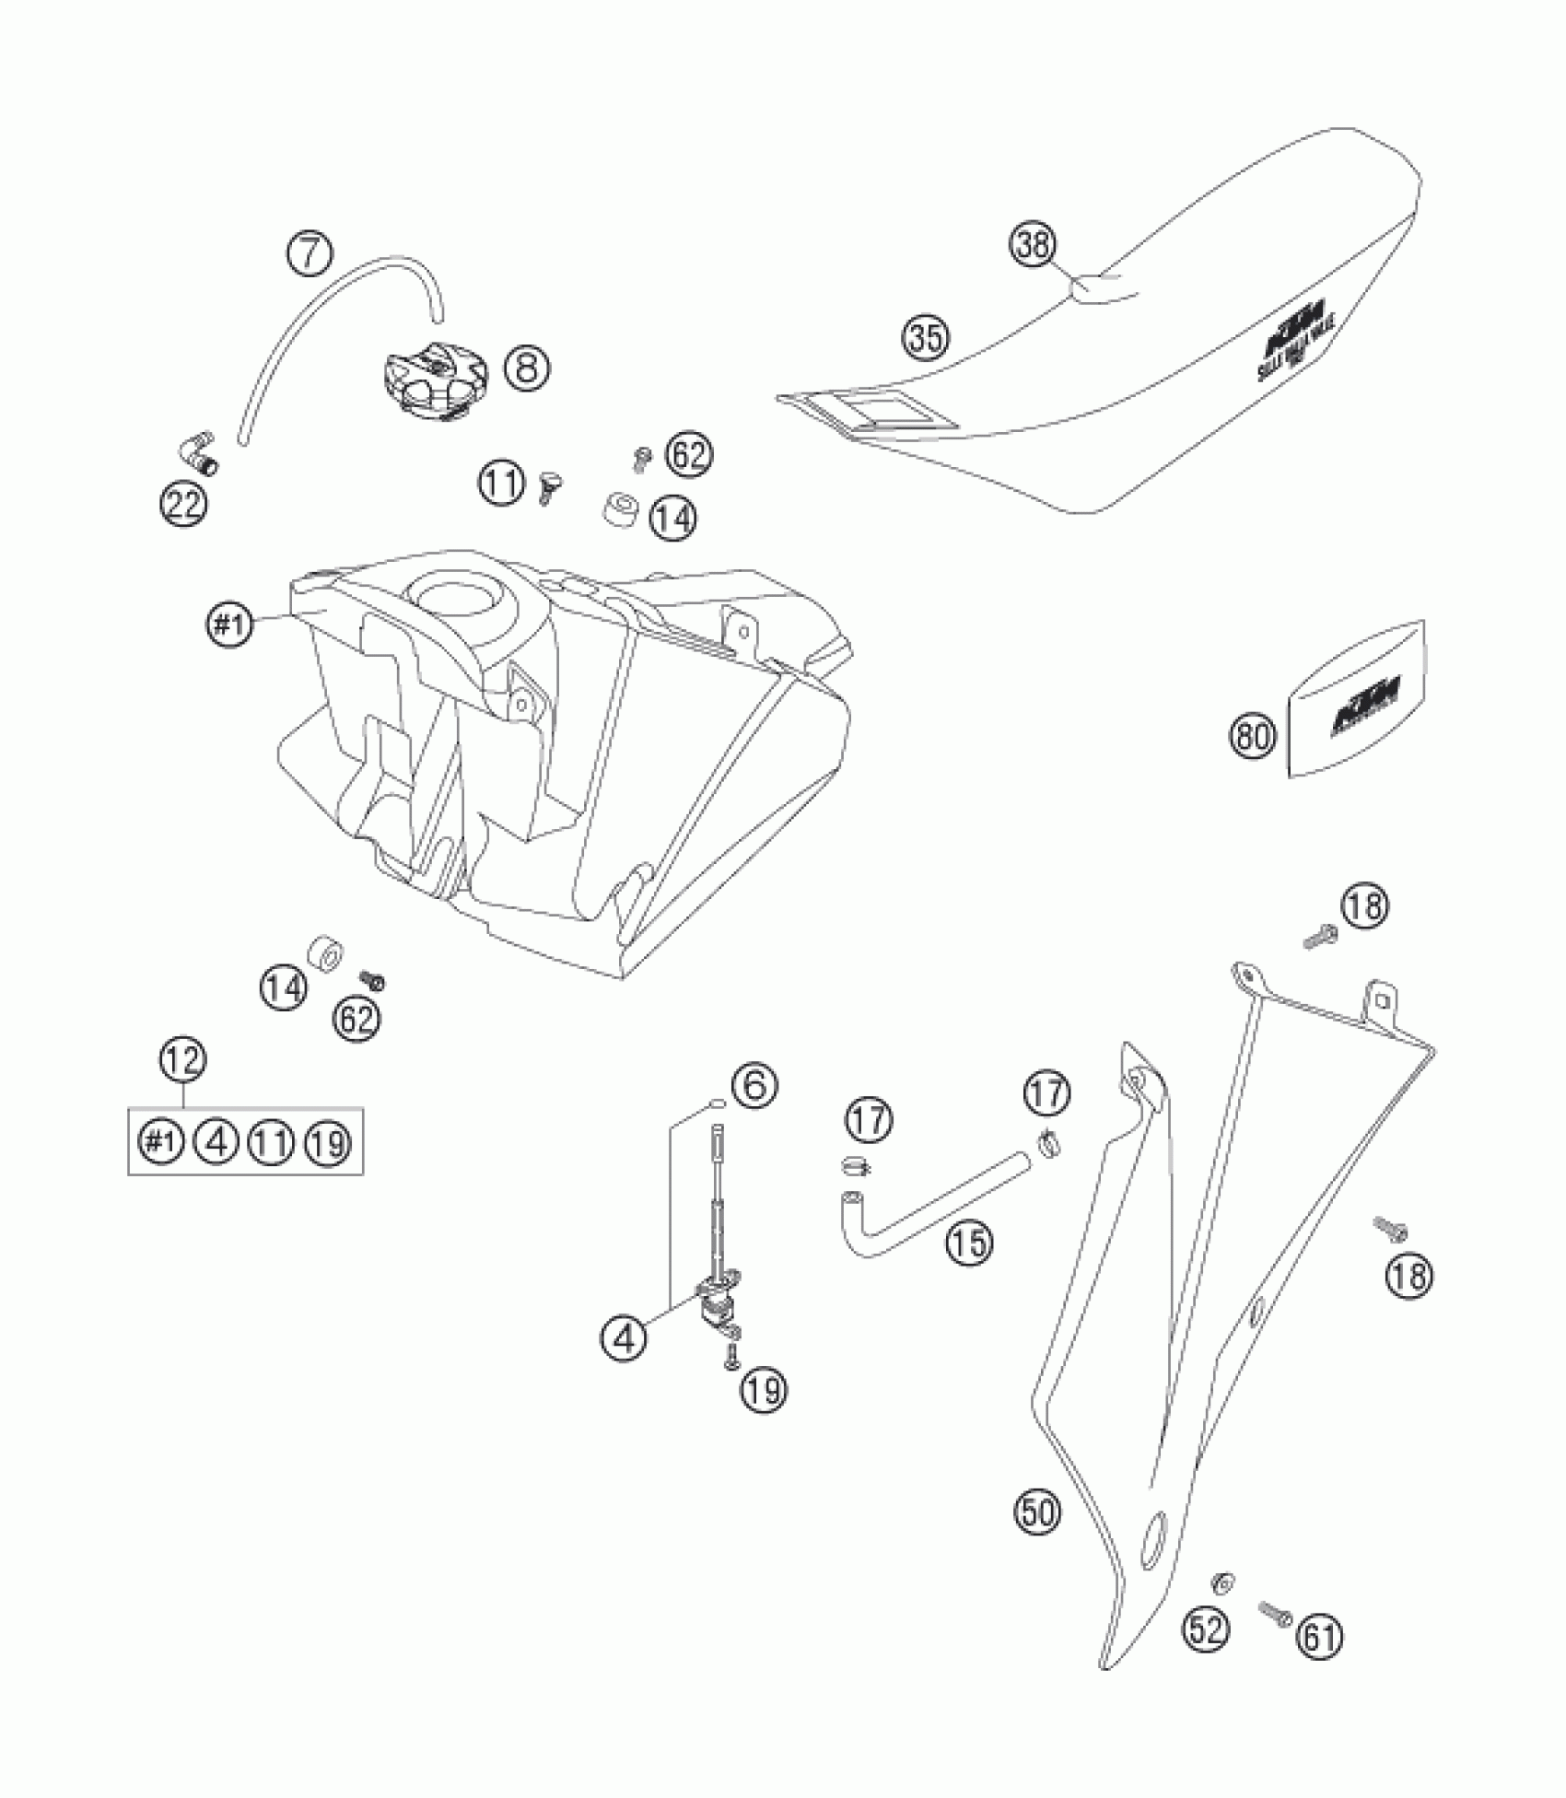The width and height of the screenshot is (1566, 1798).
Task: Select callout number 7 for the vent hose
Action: coord(310,254)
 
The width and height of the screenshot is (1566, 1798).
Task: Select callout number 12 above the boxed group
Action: coord(182,1059)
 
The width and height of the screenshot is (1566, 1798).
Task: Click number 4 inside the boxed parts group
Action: coord(217,1143)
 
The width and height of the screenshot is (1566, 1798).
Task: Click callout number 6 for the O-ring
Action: coord(754,1087)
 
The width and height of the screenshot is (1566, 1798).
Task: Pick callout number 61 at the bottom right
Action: coord(1320,1634)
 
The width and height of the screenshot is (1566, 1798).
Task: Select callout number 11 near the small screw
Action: coord(501,483)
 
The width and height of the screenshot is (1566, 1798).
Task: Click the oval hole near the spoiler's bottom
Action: coord(1152,1536)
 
